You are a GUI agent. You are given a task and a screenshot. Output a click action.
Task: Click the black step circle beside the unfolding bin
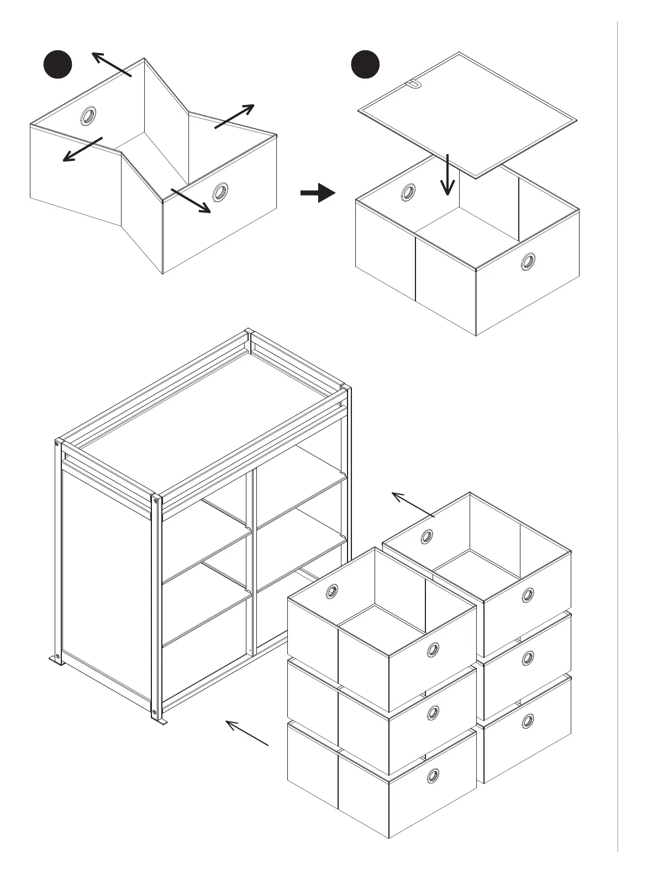click(x=58, y=65)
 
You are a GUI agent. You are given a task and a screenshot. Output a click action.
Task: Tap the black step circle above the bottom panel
click(x=366, y=64)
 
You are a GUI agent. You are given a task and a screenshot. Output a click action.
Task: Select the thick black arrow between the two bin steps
click(x=318, y=193)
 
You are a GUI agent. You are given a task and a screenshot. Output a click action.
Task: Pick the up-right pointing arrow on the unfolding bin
click(x=234, y=116)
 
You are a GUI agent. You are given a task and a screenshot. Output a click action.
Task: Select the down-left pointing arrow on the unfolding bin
click(x=82, y=149)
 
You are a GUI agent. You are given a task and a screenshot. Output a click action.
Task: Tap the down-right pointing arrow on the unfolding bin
click(x=191, y=200)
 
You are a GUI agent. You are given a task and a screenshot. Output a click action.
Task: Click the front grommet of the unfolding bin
click(x=220, y=192)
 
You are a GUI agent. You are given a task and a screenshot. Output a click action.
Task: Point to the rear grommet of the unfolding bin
click(x=88, y=116)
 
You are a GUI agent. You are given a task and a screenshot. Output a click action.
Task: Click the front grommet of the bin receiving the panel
click(x=528, y=261)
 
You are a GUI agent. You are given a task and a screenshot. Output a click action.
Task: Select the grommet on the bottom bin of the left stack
click(x=433, y=776)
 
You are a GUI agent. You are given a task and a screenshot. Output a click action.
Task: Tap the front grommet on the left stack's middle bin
click(x=433, y=713)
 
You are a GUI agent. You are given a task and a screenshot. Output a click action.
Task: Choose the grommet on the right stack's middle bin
click(x=528, y=657)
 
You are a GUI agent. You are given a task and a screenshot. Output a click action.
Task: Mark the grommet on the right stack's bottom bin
click(x=528, y=720)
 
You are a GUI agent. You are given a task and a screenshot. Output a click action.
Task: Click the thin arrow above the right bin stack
click(x=413, y=504)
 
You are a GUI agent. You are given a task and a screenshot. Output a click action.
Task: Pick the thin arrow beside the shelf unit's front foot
click(x=247, y=733)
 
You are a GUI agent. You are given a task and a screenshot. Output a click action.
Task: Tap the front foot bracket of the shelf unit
click(x=160, y=722)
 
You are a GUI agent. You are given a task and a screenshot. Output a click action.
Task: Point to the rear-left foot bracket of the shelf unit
click(x=56, y=659)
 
